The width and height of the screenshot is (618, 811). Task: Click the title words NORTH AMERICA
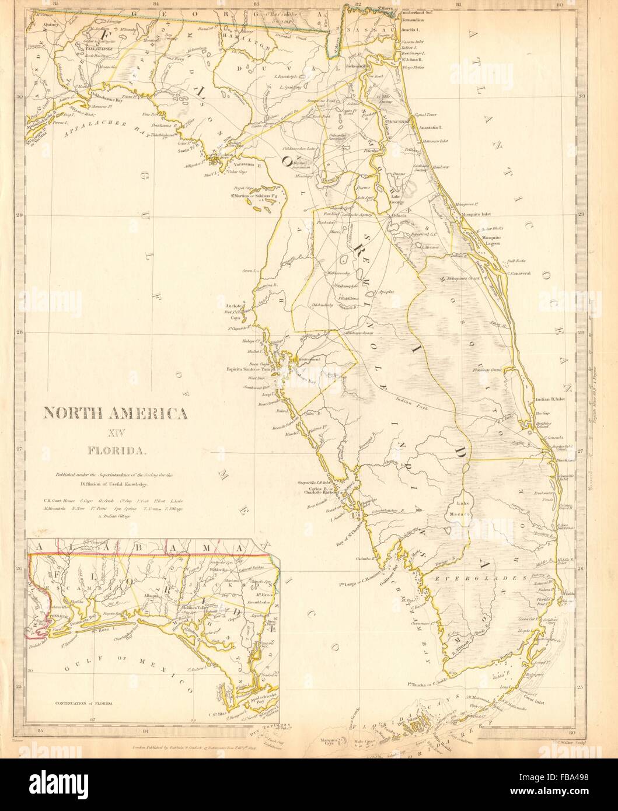[x=114, y=414]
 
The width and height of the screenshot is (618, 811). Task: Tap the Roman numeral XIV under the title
[x=114, y=432]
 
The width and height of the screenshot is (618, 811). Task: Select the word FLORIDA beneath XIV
[x=114, y=450]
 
